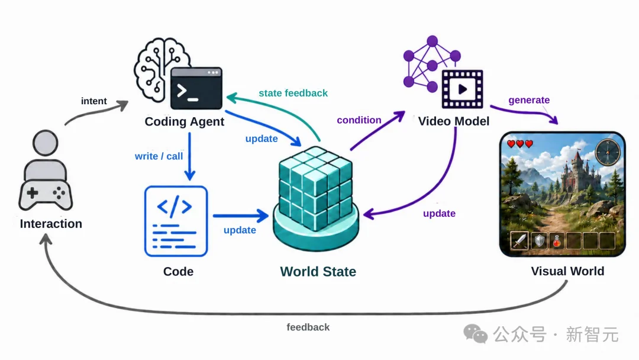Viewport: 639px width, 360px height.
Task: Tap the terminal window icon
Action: [196, 88]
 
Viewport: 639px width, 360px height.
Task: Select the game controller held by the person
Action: [46, 194]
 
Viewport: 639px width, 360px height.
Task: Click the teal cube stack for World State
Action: [316, 198]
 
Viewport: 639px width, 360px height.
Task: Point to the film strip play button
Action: [463, 89]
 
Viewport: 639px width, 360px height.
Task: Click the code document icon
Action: [176, 221]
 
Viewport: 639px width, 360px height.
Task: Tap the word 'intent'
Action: [93, 101]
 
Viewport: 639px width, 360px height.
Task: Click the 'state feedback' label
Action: [293, 94]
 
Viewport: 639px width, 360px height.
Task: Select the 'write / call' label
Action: [159, 156]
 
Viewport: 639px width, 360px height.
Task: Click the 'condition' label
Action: [359, 120]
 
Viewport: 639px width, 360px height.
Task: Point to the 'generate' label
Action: [529, 100]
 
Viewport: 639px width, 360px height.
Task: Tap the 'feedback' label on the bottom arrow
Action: [308, 327]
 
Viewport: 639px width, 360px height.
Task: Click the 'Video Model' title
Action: [454, 121]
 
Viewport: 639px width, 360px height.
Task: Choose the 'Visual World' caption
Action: [567, 271]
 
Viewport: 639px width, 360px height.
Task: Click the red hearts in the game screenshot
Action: [520, 143]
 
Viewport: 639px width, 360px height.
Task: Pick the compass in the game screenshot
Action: [608, 152]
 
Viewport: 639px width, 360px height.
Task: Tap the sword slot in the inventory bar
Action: [519, 240]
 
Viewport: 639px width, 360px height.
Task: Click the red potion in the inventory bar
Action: [557, 241]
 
